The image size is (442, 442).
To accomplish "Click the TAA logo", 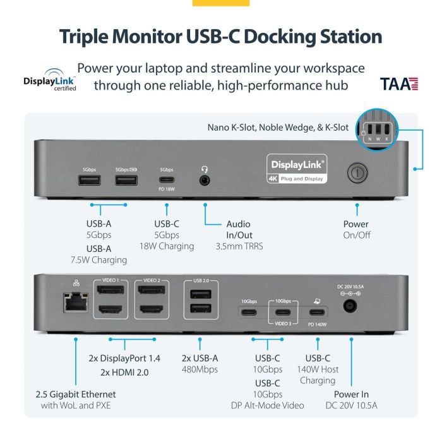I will click(x=399, y=83).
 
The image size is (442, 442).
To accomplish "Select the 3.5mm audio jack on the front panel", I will click(x=205, y=180).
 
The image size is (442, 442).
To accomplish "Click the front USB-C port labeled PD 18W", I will click(x=166, y=180).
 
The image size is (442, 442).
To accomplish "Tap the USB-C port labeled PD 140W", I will click(x=315, y=312).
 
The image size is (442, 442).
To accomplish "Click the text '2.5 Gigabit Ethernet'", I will click(x=76, y=395).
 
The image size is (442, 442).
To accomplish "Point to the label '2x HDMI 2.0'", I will click(x=124, y=372).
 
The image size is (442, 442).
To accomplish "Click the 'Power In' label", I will click(x=352, y=395).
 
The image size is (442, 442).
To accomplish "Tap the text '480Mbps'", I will click(x=199, y=369).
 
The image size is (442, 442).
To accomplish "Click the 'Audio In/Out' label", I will click(x=238, y=229).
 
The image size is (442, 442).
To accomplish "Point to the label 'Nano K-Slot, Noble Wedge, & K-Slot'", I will click(x=278, y=128).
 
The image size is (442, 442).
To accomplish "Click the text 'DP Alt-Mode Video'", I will click(x=268, y=405).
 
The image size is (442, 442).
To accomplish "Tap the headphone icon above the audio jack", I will click(x=205, y=169).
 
